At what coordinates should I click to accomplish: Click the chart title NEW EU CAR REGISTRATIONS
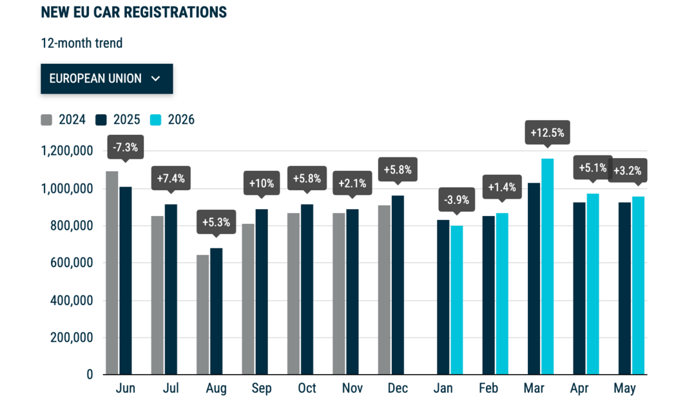pyautogui.click(x=133, y=12)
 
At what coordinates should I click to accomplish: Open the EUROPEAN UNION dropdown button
pyautogui.click(x=106, y=79)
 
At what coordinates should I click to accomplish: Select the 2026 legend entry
pyautogui.click(x=172, y=120)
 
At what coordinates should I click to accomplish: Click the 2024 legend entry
pyautogui.click(x=63, y=120)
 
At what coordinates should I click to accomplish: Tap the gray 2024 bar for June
pyautogui.click(x=112, y=273)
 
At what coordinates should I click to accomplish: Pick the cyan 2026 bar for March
pyautogui.click(x=547, y=266)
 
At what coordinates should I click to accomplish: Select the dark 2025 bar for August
pyautogui.click(x=216, y=311)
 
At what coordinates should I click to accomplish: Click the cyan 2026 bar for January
pyautogui.click(x=457, y=300)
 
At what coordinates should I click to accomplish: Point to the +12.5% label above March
pyautogui.click(x=547, y=133)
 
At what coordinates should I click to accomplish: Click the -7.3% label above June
pyautogui.click(x=125, y=148)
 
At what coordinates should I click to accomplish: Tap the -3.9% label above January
pyautogui.click(x=457, y=200)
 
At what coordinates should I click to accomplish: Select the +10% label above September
pyautogui.click(x=262, y=183)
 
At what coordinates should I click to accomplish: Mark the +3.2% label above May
pyautogui.click(x=627, y=170)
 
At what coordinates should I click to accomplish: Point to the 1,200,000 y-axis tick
pyautogui.click(x=67, y=151)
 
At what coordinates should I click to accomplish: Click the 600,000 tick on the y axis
pyautogui.click(x=72, y=263)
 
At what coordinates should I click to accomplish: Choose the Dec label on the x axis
pyautogui.click(x=398, y=388)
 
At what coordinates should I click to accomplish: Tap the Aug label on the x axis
pyautogui.click(x=216, y=388)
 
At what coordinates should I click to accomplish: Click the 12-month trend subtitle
pyautogui.click(x=82, y=43)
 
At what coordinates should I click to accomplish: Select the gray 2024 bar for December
pyautogui.click(x=384, y=290)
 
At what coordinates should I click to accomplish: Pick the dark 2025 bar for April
pyautogui.click(x=579, y=288)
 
